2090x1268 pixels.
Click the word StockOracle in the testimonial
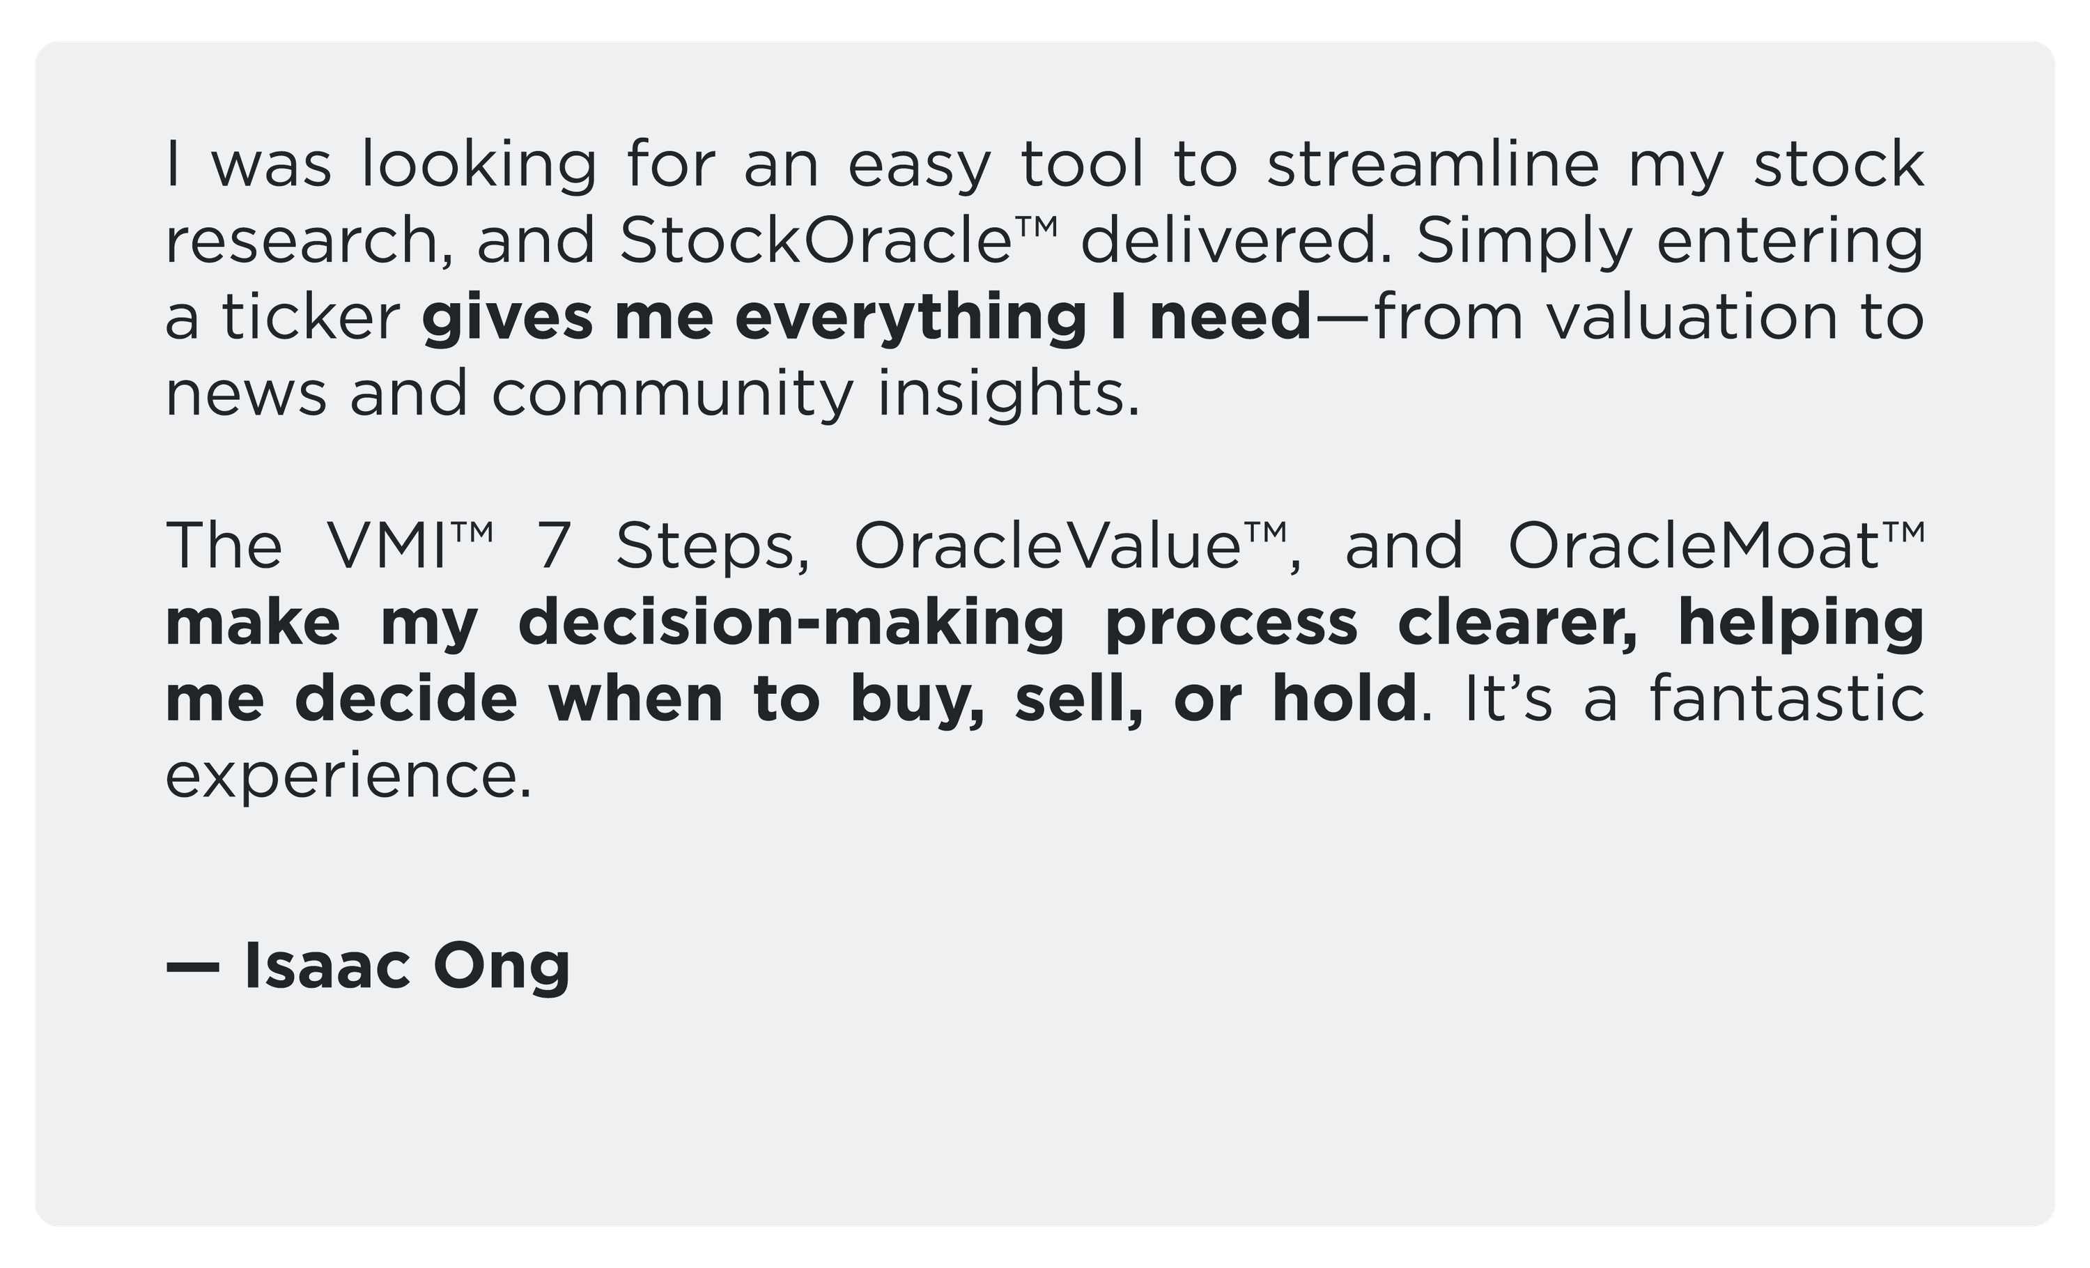(x=816, y=240)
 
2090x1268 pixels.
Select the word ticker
(x=311, y=316)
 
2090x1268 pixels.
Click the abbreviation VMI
(x=386, y=546)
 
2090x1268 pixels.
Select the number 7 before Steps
(x=552, y=546)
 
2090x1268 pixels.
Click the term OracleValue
(x=1048, y=546)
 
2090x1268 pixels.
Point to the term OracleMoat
(x=1693, y=546)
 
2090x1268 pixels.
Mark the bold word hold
(x=1344, y=698)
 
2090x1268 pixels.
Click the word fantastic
(x=1786, y=698)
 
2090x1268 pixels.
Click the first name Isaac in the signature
(x=327, y=966)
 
